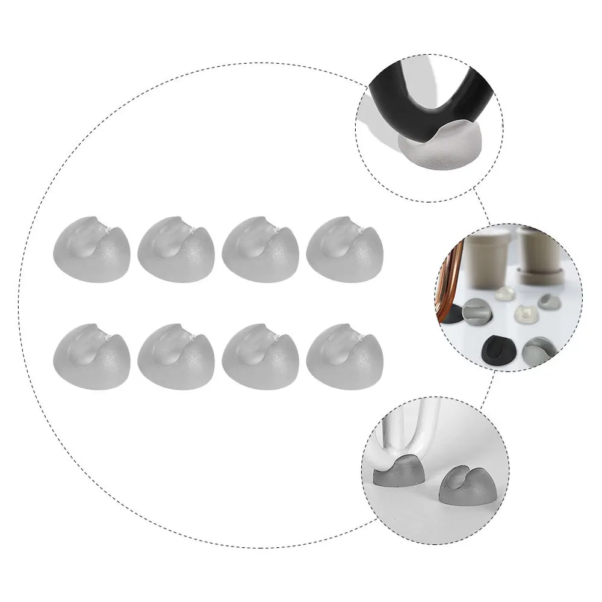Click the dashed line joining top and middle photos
(x=482, y=205)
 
